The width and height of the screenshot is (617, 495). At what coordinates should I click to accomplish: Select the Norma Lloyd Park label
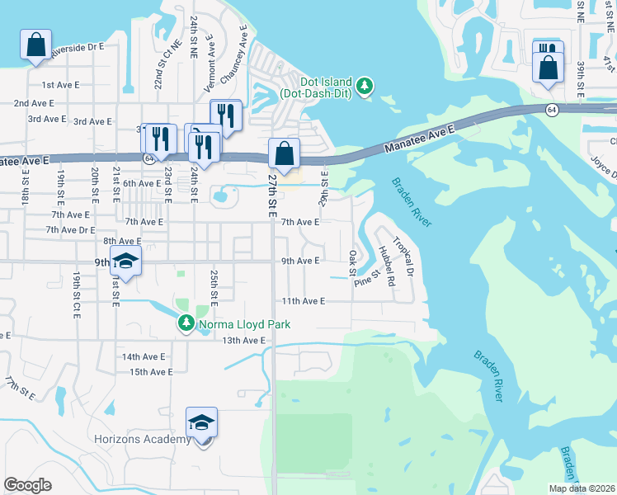[x=244, y=324]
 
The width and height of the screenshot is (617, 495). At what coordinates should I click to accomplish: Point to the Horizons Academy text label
[x=143, y=440]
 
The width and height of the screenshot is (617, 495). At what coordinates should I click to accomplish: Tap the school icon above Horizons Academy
[x=201, y=423]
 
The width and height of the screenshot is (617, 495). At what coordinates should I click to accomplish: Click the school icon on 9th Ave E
[x=125, y=262]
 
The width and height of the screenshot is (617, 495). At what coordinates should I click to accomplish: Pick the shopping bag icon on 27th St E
[x=284, y=154]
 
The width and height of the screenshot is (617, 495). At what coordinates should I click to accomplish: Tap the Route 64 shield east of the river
[x=550, y=109]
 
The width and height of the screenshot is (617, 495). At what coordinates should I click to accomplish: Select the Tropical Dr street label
[x=403, y=257]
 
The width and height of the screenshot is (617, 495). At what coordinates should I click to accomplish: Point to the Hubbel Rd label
[x=385, y=265]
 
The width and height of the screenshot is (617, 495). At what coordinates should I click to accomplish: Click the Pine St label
[x=367, y=277]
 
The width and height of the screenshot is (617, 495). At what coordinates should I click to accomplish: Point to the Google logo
[x=27, y=485]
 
